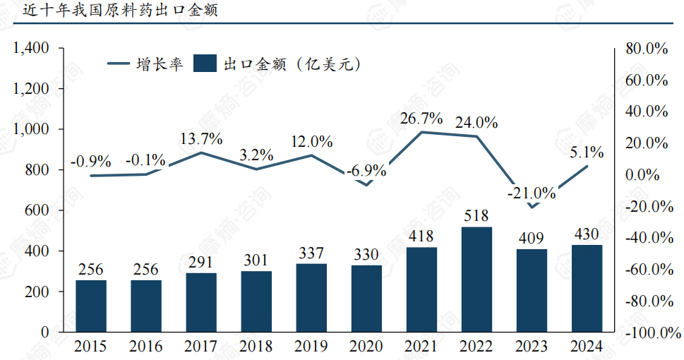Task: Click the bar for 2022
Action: [476, 279]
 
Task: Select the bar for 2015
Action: [91, 306]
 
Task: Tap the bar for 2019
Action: [311, 297]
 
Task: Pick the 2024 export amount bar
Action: [587, 288]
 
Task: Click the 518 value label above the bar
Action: [476, 215]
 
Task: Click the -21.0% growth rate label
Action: [532, 193]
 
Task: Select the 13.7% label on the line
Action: [201, 138]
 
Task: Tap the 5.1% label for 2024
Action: [587, 152]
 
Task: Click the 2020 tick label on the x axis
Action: [366, 347]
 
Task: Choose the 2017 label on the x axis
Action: [201, 347]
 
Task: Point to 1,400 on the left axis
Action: [30, 48]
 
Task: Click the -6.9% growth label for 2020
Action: [366, 170]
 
